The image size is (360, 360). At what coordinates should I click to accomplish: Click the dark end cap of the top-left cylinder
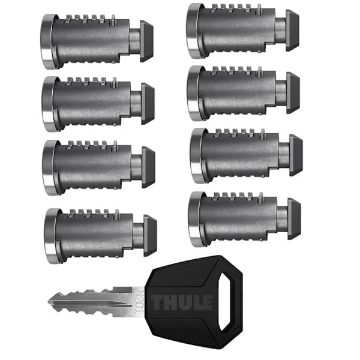point(146,41)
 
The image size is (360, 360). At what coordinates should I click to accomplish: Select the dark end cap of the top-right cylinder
point(292,30)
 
